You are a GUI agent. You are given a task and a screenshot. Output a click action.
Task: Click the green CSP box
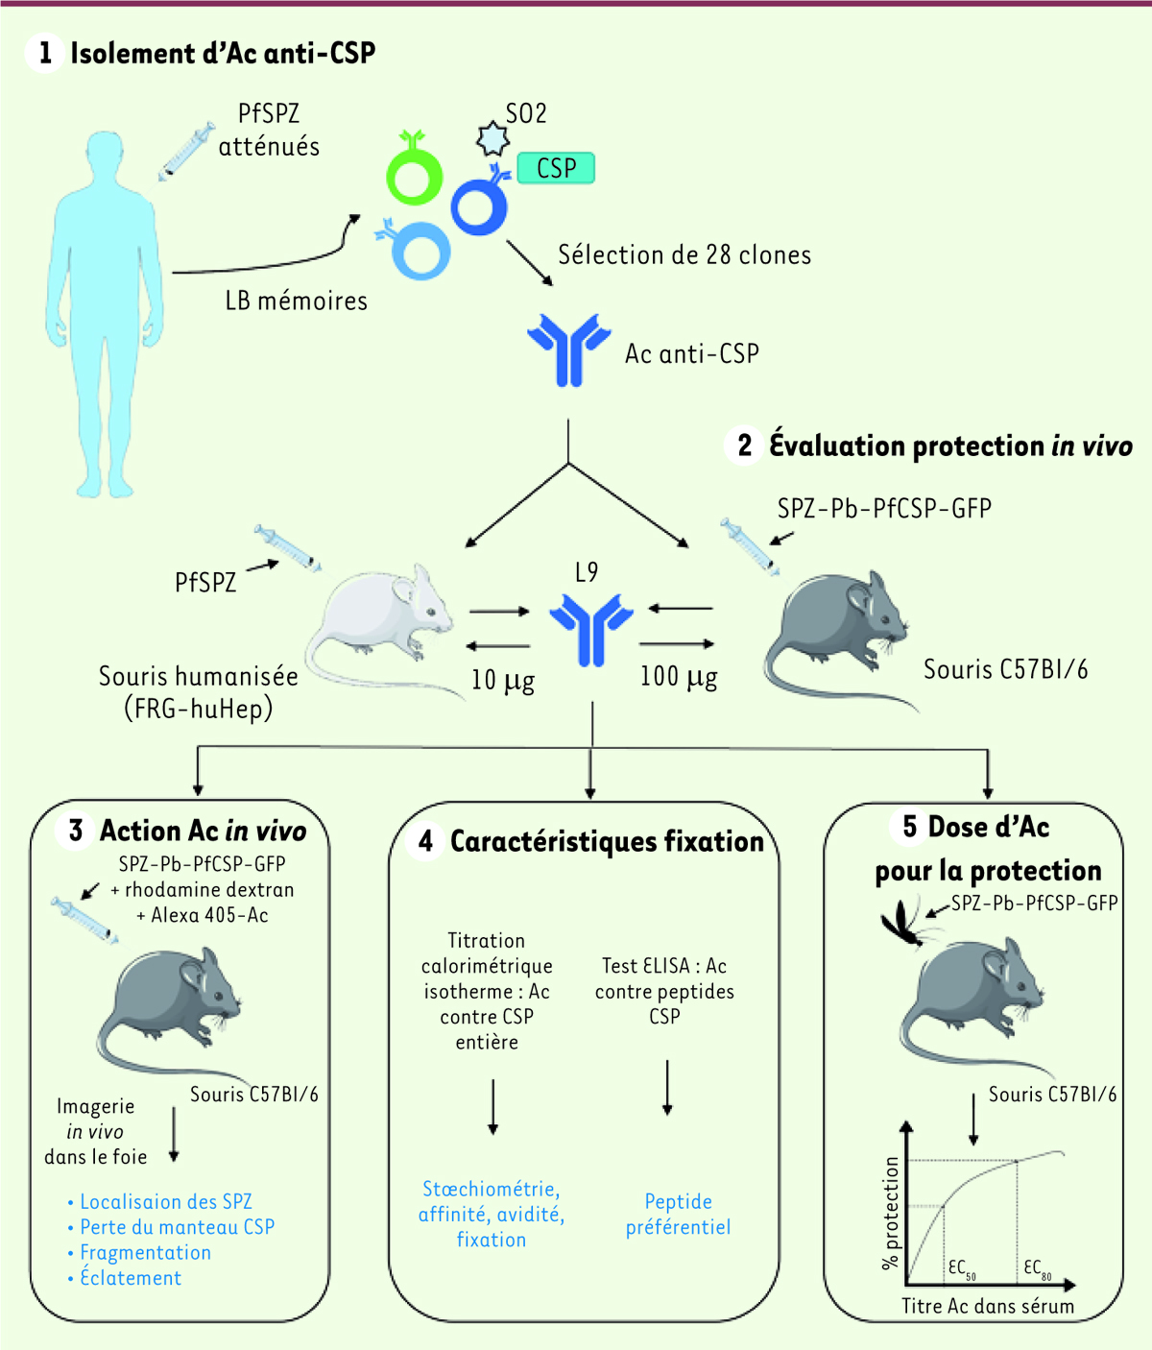point(556,168)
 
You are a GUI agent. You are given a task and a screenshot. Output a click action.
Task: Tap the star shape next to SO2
point(492,138)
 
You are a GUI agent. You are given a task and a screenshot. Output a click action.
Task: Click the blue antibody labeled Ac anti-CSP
point(569,350)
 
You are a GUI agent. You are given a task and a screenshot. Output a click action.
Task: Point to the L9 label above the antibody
point(587,572)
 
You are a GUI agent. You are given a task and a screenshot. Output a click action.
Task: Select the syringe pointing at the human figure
point(186,152)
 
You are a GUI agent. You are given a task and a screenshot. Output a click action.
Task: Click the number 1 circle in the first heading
point(45,53)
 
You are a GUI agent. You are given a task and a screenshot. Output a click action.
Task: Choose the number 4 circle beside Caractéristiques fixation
point(425,841)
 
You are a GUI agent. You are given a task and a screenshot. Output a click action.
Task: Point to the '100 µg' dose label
point(679,677)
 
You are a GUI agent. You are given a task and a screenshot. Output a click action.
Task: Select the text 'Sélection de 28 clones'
point(684,254)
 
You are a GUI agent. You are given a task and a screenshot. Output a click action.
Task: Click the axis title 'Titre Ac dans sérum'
point(988,1306)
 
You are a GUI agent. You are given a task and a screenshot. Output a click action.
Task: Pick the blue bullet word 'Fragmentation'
point(146,1252)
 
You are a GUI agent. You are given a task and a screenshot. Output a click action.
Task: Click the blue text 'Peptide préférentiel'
point(678,1215)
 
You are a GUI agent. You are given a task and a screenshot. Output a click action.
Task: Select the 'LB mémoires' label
point(297,301)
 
